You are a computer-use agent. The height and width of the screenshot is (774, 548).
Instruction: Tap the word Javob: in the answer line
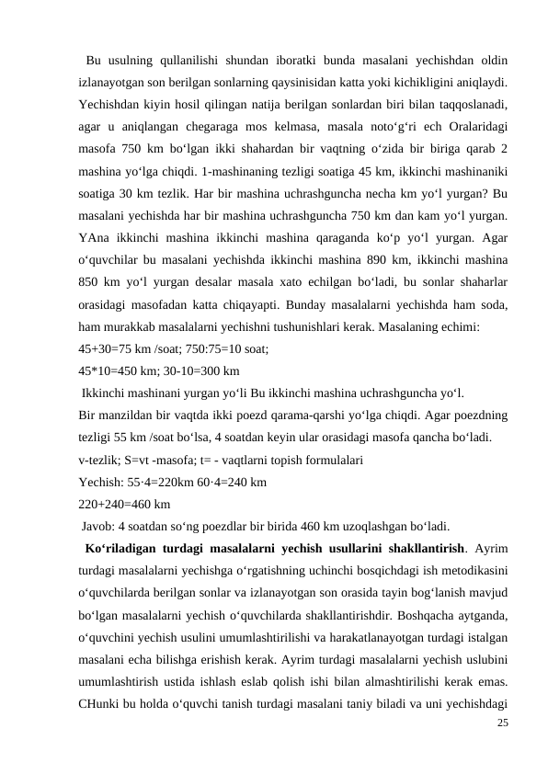pos(100,527)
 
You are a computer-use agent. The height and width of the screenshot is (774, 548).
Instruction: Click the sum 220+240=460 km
pos(124,504)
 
